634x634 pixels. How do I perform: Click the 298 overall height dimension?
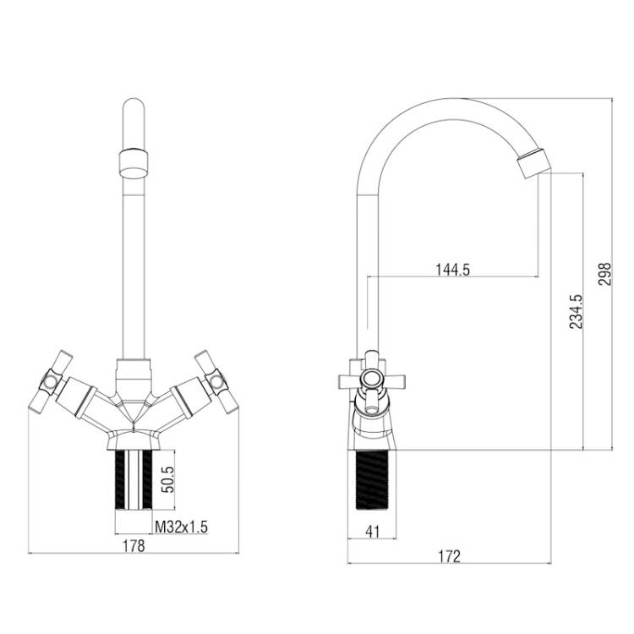point(605,274)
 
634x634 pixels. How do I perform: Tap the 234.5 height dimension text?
point(576,311)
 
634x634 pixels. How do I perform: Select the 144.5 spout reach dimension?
point(453,270)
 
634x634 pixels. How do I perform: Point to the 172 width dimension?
point(450,556)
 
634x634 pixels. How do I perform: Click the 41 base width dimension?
point(373,532)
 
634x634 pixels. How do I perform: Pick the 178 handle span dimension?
point(134,546)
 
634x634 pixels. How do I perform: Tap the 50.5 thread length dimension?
point(167,479)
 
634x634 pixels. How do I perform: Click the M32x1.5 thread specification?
point(182,527)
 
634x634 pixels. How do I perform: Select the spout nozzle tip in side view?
point(533,163)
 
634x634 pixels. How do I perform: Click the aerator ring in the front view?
point(134,164)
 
